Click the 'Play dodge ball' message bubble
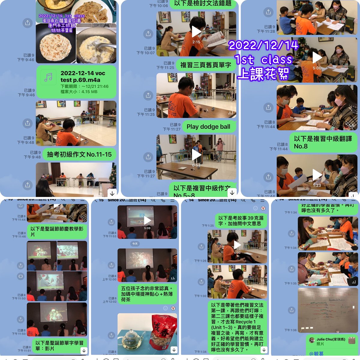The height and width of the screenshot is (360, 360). (208, 127)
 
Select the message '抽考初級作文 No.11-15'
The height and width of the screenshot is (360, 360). (79, 154)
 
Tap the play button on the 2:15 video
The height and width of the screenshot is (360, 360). (196, 31)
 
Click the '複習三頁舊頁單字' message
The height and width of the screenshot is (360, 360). (205, 65)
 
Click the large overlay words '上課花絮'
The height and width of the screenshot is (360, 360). (263, 74)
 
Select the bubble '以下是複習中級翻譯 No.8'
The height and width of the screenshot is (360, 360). (323, 142)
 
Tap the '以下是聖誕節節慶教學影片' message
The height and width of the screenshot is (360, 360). (57, 232)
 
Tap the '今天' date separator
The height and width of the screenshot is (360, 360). (135, 244)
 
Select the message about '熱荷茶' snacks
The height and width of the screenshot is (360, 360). (147, 294)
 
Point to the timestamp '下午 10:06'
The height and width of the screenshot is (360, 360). (158, 6)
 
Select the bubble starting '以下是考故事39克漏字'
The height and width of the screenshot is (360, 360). (241, 221)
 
